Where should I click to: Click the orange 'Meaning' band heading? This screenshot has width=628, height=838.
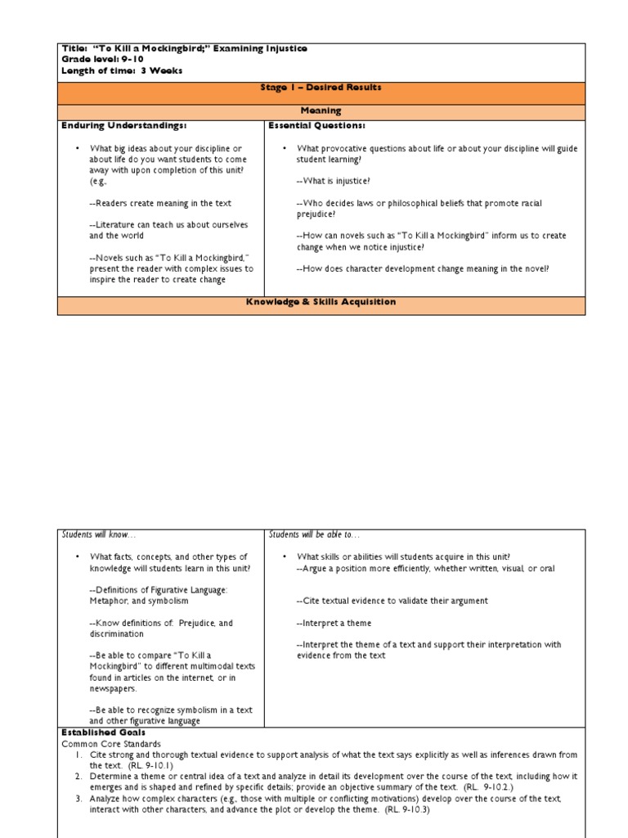[x=321, y=110]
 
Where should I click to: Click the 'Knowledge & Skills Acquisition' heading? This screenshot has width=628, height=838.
[x=321, y=302]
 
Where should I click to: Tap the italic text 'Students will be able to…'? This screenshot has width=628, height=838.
[x=314, y=534]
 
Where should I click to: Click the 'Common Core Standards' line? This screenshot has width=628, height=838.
[x=111, y=744]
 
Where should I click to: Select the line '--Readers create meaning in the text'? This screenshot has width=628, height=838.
[x=160, y=203]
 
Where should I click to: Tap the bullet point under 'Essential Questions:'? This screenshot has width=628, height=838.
[x=284, y=148]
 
